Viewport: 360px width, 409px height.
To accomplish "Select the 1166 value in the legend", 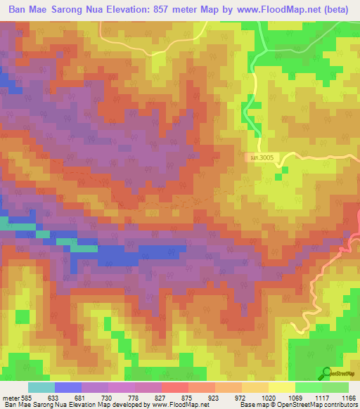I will coord(347,397).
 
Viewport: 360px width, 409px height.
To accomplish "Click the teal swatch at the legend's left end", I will coord(41,387).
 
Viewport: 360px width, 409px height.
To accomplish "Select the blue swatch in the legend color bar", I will coord(68,387).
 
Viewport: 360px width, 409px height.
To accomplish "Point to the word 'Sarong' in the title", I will coord(72,12).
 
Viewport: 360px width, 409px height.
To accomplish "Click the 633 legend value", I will coord(63,397).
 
